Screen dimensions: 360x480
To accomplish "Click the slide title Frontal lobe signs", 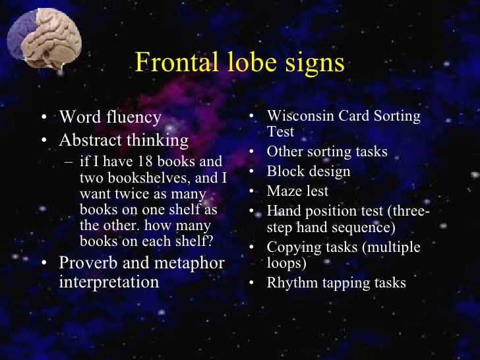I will click(x=239, y=63).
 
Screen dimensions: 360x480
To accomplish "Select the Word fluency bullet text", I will click(x=110, y=117).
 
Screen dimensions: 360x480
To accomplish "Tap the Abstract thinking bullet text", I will click(x=123, y=140).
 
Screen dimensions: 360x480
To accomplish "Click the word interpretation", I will click(x=109, y=282).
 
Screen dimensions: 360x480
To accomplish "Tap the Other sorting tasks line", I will click(x=326, y=152).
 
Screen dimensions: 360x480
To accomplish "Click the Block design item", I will click(x=308, y=171).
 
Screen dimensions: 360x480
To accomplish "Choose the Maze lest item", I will click(x=297, y=191).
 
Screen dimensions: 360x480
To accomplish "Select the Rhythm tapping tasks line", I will click(x=336, y=283).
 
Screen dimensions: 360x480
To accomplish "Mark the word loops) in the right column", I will click(x=287, y=262).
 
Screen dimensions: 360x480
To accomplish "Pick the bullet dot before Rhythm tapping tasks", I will click(x=253, y=284).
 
